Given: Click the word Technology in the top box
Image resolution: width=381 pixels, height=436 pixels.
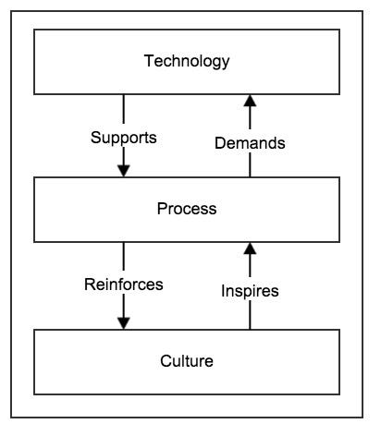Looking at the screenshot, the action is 187,61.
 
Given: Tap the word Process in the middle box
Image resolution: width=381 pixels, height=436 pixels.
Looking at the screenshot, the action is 187,209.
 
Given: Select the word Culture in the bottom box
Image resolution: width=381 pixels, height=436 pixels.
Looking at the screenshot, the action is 187,361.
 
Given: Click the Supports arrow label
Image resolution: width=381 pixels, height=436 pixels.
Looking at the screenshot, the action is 124,138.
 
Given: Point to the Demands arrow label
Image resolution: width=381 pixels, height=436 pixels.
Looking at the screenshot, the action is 250,143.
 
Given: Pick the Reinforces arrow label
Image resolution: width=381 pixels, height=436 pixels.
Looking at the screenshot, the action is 124,285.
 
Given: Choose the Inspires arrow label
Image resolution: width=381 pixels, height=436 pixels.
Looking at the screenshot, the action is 250,291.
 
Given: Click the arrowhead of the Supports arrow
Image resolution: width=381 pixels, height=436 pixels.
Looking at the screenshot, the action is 124,171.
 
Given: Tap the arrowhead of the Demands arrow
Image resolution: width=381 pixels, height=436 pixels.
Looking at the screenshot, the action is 250,101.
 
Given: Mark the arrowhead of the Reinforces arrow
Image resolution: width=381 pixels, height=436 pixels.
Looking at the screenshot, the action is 124,323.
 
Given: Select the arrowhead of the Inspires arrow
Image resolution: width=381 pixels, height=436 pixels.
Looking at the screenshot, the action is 250,248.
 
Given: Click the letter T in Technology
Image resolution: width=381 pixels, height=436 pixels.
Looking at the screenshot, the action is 149,61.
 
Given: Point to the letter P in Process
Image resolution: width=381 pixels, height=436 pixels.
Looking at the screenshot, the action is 162,209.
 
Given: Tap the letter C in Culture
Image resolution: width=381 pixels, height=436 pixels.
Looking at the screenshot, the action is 166,361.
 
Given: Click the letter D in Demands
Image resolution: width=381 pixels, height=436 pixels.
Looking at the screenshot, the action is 220,143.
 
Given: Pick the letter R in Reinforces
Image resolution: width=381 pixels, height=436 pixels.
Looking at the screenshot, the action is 90,285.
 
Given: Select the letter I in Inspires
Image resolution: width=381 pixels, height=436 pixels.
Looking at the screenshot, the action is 223,291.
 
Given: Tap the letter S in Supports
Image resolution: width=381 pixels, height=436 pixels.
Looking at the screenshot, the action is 96,138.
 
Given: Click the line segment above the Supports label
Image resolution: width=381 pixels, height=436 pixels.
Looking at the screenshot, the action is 124,109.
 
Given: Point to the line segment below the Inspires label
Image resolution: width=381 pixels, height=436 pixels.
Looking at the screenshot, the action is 250,315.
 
